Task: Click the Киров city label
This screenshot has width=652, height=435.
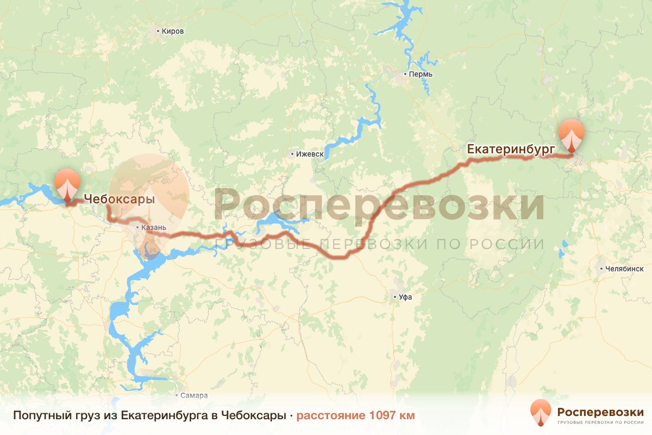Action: pos(173,31)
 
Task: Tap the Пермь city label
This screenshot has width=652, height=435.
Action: pos(421,74)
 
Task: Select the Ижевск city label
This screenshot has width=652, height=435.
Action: pos(310,154)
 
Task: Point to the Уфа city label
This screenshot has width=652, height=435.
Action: pos(405,297)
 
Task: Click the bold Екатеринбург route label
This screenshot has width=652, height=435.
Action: pos(510,148)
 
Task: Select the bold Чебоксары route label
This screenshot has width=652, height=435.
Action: pos(119,200)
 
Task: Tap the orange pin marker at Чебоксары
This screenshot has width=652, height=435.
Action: pos(67,184)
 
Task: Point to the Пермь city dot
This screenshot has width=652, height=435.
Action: pos(405,74)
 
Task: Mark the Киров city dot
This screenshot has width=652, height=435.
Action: pos(158,31)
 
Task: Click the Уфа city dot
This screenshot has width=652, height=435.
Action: pos(395,297)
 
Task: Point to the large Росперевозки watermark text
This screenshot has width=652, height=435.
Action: pos(379,206)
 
